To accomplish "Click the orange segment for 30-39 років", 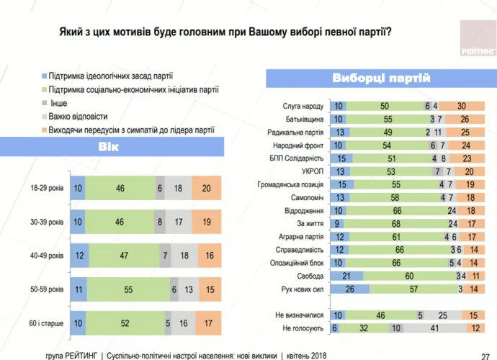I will [207, 222].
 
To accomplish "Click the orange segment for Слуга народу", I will [461, 105].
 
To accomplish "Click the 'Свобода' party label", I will [310, 276].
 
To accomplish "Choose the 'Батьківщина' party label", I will [305, 118].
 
